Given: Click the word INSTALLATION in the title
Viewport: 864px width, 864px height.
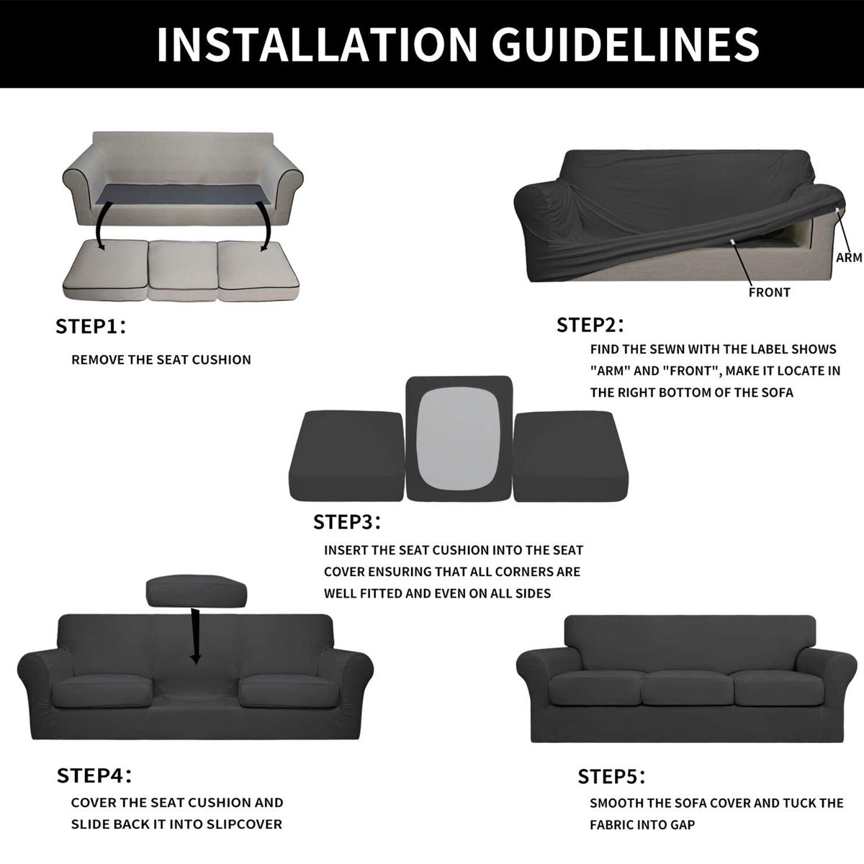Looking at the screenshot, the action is pyautogui.click(x=317, y=44).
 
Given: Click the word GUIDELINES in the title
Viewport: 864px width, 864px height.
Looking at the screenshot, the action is pyautogui.click(x=626, y=44).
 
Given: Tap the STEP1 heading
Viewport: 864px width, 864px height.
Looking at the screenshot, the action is pyautogui.click(x=91, y=326).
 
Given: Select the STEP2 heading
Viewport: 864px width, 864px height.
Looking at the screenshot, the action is pyautogui.click(x=590, y=325).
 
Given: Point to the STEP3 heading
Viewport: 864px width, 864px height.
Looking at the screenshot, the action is pyautogui.click(x=346, y=522).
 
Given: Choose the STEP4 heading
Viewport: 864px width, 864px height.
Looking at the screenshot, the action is pyautogui.click(x=94, y=775).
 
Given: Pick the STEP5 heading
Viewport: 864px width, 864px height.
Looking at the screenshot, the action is pyautogui.click(x=611, y=777).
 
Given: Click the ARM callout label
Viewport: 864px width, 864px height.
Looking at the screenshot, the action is pyautogui.click(x=849, y=257).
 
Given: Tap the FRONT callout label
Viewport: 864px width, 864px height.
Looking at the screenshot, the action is pyautogui.click(x=770, y=292).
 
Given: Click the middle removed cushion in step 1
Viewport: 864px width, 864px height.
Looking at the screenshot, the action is pyautogui.click(x=183, y=271).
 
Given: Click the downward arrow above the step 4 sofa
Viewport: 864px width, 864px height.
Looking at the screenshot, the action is pyautogui.click(x=195, y=636).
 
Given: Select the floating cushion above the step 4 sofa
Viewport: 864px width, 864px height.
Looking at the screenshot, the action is pyautogui.click(x=197, y=591).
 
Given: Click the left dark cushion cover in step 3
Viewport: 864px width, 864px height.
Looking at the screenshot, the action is pyautogui.click(x=347, y=455).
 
